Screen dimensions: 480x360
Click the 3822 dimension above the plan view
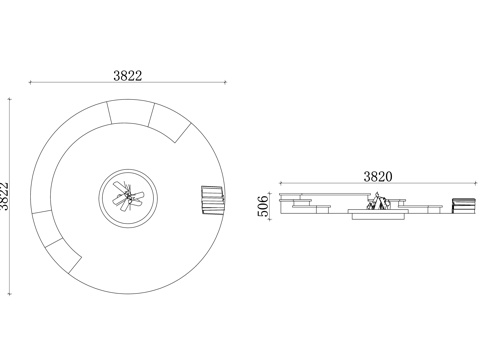point(128,76)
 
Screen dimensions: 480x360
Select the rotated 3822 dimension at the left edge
point(4,196)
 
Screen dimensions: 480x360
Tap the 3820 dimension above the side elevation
point(378,177)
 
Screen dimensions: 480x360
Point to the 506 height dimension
point(263,206)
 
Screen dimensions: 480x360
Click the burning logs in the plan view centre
point(128,197)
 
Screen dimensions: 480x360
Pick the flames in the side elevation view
point(378,201)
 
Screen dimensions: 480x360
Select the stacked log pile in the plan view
point(213,199)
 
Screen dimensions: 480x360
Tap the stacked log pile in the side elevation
point(463,205)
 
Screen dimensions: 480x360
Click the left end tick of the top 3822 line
point(30,82)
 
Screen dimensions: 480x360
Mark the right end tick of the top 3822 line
point(225,82)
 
